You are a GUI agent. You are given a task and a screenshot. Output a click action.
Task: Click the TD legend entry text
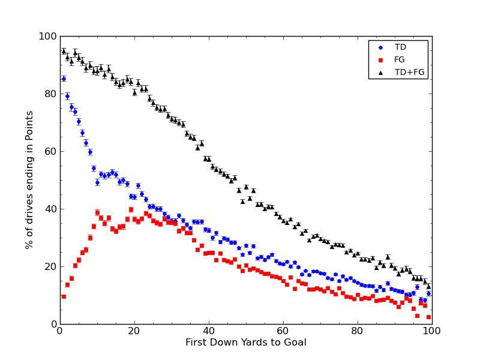(400, 47)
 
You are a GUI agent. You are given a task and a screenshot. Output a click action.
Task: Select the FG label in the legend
(400, 59)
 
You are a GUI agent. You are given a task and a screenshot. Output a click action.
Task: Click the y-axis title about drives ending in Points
(30, 180)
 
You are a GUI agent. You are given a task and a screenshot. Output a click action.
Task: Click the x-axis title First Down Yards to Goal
(246, 343)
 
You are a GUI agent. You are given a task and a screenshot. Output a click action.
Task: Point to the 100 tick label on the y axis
(47, 36)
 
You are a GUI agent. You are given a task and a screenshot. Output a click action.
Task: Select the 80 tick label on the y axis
(50, 94)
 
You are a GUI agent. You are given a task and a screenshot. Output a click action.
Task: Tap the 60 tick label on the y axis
(50, 151)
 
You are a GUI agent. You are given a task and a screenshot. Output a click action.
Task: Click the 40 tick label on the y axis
(50, 209)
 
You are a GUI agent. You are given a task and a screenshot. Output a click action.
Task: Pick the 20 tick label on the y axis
(50, 266)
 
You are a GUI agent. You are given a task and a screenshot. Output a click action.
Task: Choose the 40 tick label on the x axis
(209, 331)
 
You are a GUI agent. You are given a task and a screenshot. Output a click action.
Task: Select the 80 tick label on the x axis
(358, 331)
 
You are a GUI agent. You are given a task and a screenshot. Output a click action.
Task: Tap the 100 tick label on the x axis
(432, 331)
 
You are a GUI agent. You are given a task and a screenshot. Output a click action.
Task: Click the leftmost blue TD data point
(64, 79)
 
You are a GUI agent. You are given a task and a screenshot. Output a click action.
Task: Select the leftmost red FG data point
(64, 296)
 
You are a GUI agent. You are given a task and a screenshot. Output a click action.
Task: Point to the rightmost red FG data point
(428, 317)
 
